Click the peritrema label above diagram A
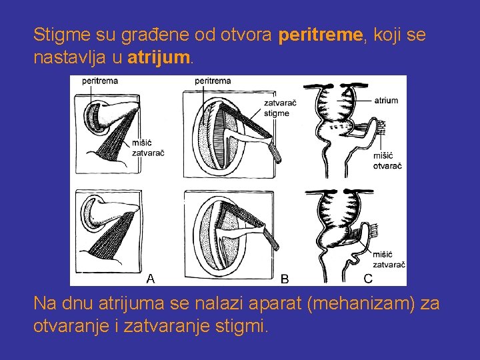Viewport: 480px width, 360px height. coord(100,81)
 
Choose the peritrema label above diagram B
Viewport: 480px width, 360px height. coord(213,81)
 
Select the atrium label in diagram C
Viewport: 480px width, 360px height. coord(386,101)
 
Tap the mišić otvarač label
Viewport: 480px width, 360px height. coord(387,160)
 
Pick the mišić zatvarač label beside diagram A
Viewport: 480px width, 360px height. coord(148,147)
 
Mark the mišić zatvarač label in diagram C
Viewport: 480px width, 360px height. coord(389,259)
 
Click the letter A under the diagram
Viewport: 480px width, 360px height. coord(151,278)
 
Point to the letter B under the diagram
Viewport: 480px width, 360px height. coord(285,279)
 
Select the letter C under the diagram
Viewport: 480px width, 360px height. coord(368,277)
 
